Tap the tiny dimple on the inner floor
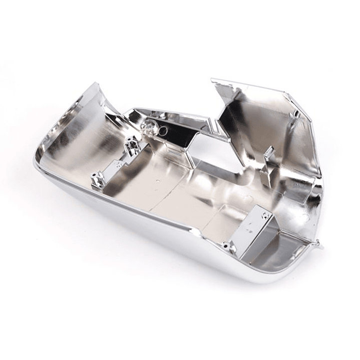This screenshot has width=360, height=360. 160,182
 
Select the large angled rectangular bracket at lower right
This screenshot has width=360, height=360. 258,225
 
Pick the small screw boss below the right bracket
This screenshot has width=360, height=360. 228,245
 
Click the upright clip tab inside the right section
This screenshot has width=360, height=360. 269,151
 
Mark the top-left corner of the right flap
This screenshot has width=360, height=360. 212,79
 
